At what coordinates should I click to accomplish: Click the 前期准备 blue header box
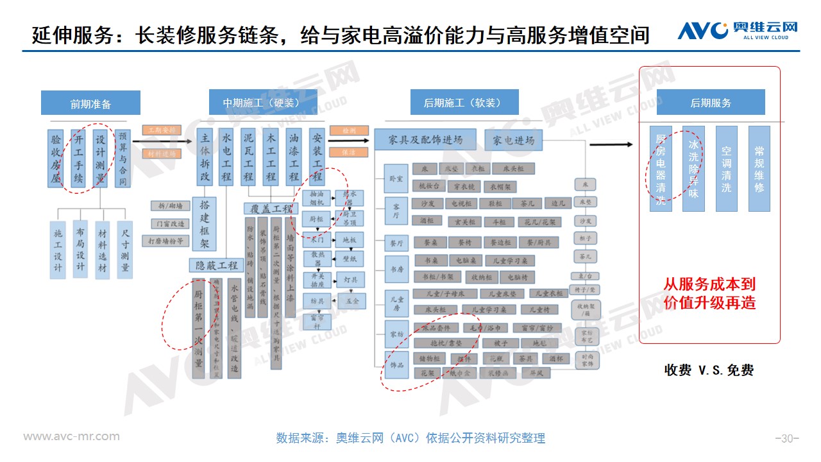[x=90, y=103]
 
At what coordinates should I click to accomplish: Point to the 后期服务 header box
[x=711, y=103]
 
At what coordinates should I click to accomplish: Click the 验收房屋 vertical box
[x=56, y=158]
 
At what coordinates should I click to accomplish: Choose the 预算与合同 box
[x=123, y=158]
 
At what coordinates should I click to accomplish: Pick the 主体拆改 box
[x=205, y=157]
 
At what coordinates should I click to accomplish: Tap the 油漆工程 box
[x=294, y=157]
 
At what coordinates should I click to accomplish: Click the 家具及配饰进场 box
[x=425, y=140]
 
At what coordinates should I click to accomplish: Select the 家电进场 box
[x=513, y=140]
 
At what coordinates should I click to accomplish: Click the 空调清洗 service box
[x=726, y=169]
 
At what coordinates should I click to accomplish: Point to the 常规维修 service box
[x=759, y=169]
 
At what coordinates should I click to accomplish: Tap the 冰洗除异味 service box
[x=693, y=169]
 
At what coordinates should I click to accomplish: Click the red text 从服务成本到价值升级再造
[x=709, y=293]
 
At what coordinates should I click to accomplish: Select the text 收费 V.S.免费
[x=709, y=370]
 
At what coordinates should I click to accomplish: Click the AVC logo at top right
[x=738, y=30]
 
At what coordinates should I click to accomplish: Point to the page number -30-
[x=787, y=439]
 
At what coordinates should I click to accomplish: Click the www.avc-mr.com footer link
[x=71, y=436]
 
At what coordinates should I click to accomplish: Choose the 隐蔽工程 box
[x=217, y=265]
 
